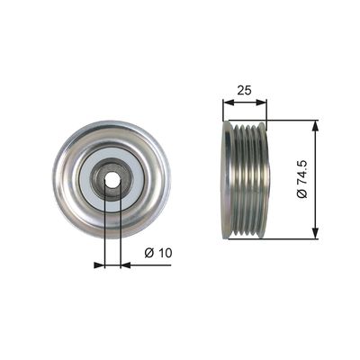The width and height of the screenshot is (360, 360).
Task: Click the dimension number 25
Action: click(x=244, y=90)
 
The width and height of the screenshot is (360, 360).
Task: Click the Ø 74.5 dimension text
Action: click(x=302, y=179)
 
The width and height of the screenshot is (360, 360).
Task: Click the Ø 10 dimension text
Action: click(x=158, y=253)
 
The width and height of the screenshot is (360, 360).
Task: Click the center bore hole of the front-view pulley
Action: click(x=112, y=180)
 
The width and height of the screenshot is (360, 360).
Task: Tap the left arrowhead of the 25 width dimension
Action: click(x=228, y=102)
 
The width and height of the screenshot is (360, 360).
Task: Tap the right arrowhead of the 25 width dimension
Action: click(x=261, y=102)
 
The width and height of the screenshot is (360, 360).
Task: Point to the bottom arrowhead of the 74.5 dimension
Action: click(x=315, y=233)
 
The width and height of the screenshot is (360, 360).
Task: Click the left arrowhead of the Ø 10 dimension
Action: click(x=99, y=265)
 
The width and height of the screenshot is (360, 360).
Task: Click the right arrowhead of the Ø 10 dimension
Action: click(x=126, y=265)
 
